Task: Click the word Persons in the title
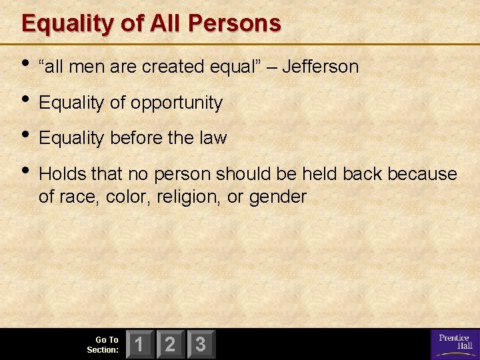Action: pyautogui.click(x=236, y=23)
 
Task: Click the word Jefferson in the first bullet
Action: pyautogui.click(x=321, y=67)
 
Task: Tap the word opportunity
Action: pyautogui.click(x=176, y=103)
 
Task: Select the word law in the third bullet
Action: pyautogui.click(x=213, y=138)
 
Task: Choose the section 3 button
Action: pyautogui.click(x=201, y=345)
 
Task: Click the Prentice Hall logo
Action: pyautogui.click(x=453, y=343)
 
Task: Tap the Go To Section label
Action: pyautogui.click(x=103, y=345)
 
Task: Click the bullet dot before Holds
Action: pyautogui.click(x=26, y=171)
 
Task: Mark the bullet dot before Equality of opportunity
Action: pyautogui.click(x=26, y=100)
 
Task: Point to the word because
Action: pyautogui.click(x=423, y=174)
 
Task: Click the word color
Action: pyautogui.click(x=127, y=197)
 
